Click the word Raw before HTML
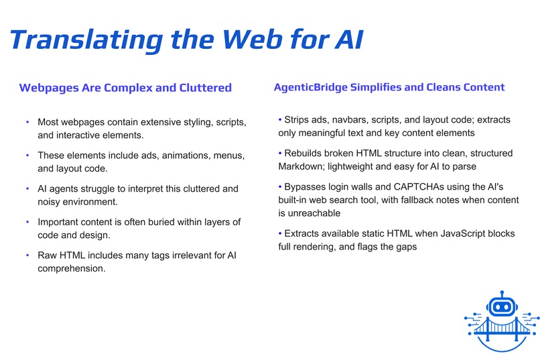click(48, 255)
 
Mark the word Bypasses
click(306, 188)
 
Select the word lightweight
click(368, 166)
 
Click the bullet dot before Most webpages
click(27, 123)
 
